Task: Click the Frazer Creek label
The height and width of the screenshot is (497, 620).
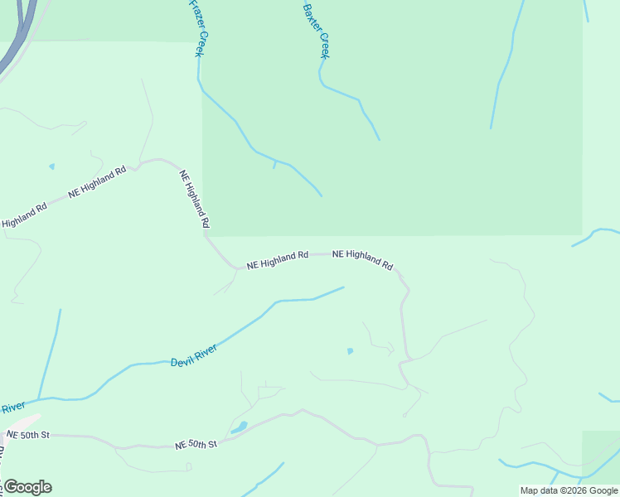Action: [196, 27]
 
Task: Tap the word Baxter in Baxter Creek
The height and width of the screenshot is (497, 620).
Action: [310, 18]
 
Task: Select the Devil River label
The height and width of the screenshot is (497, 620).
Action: [193, 357]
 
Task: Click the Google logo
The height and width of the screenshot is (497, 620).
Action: [27, 487]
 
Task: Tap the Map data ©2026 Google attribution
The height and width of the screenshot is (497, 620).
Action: [569, 490]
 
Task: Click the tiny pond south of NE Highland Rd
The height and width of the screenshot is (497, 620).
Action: [350, 350]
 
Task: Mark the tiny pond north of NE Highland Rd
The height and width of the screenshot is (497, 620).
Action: [51, 166]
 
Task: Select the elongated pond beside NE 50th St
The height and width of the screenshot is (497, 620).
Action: [240, 427]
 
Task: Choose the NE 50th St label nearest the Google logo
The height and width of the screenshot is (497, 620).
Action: [28, 434]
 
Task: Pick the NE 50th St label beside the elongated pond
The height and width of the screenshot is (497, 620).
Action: [196, 445]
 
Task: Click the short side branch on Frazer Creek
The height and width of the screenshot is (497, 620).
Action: [274, 164]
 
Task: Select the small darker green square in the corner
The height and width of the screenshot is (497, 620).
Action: [601, 452]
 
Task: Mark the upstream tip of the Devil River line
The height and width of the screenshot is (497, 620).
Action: [343, 287]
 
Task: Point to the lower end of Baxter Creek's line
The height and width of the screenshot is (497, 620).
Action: [379, 139]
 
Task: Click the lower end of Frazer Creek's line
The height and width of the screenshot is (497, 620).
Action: [321, 195]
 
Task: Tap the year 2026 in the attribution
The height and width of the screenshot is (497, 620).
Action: [575, 490]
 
